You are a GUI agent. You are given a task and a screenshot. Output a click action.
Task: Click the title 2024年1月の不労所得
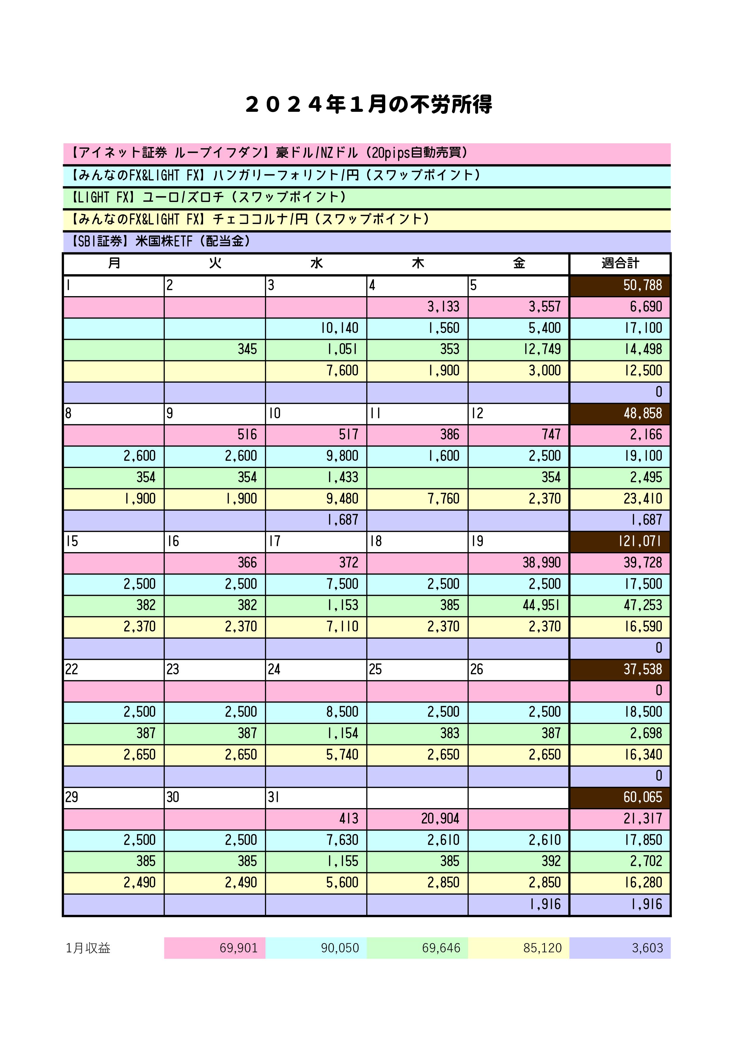click(x=368, y=104)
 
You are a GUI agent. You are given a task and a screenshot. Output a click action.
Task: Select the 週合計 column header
click(x=620, y=263)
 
